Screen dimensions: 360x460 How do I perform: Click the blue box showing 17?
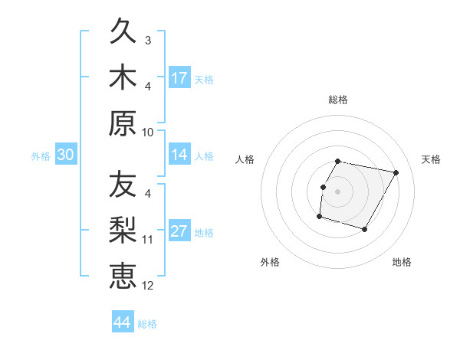pyautogui.click(x=179, y=78)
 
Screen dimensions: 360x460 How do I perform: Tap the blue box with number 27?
pyautogui.click(x=179, y=232)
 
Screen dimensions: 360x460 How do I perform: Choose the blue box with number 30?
pyautogui.click(x=65, y=155)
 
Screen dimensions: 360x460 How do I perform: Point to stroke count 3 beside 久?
pyautogui.click(x=148, y=40)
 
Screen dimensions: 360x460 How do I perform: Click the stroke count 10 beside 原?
pyautogui.click(x=148, y=131)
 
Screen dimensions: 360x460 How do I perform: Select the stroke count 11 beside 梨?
pyautogui.click(x=148, y=240)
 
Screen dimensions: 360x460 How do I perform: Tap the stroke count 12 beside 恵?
pyautogui.click(x=148, y=285)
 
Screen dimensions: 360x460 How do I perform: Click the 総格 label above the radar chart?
pyautogui.click(x=338, y=100)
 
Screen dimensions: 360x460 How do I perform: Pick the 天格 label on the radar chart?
pyautogui.click(x=432, y=159)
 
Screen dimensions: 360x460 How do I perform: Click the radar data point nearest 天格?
pyautogui.click(x=396, y=173)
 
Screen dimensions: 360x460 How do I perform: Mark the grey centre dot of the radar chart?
pyautogui.click(x=337, y=191)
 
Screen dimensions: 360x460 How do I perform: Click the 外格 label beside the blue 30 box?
pyautogui.click(x=41, y=156)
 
